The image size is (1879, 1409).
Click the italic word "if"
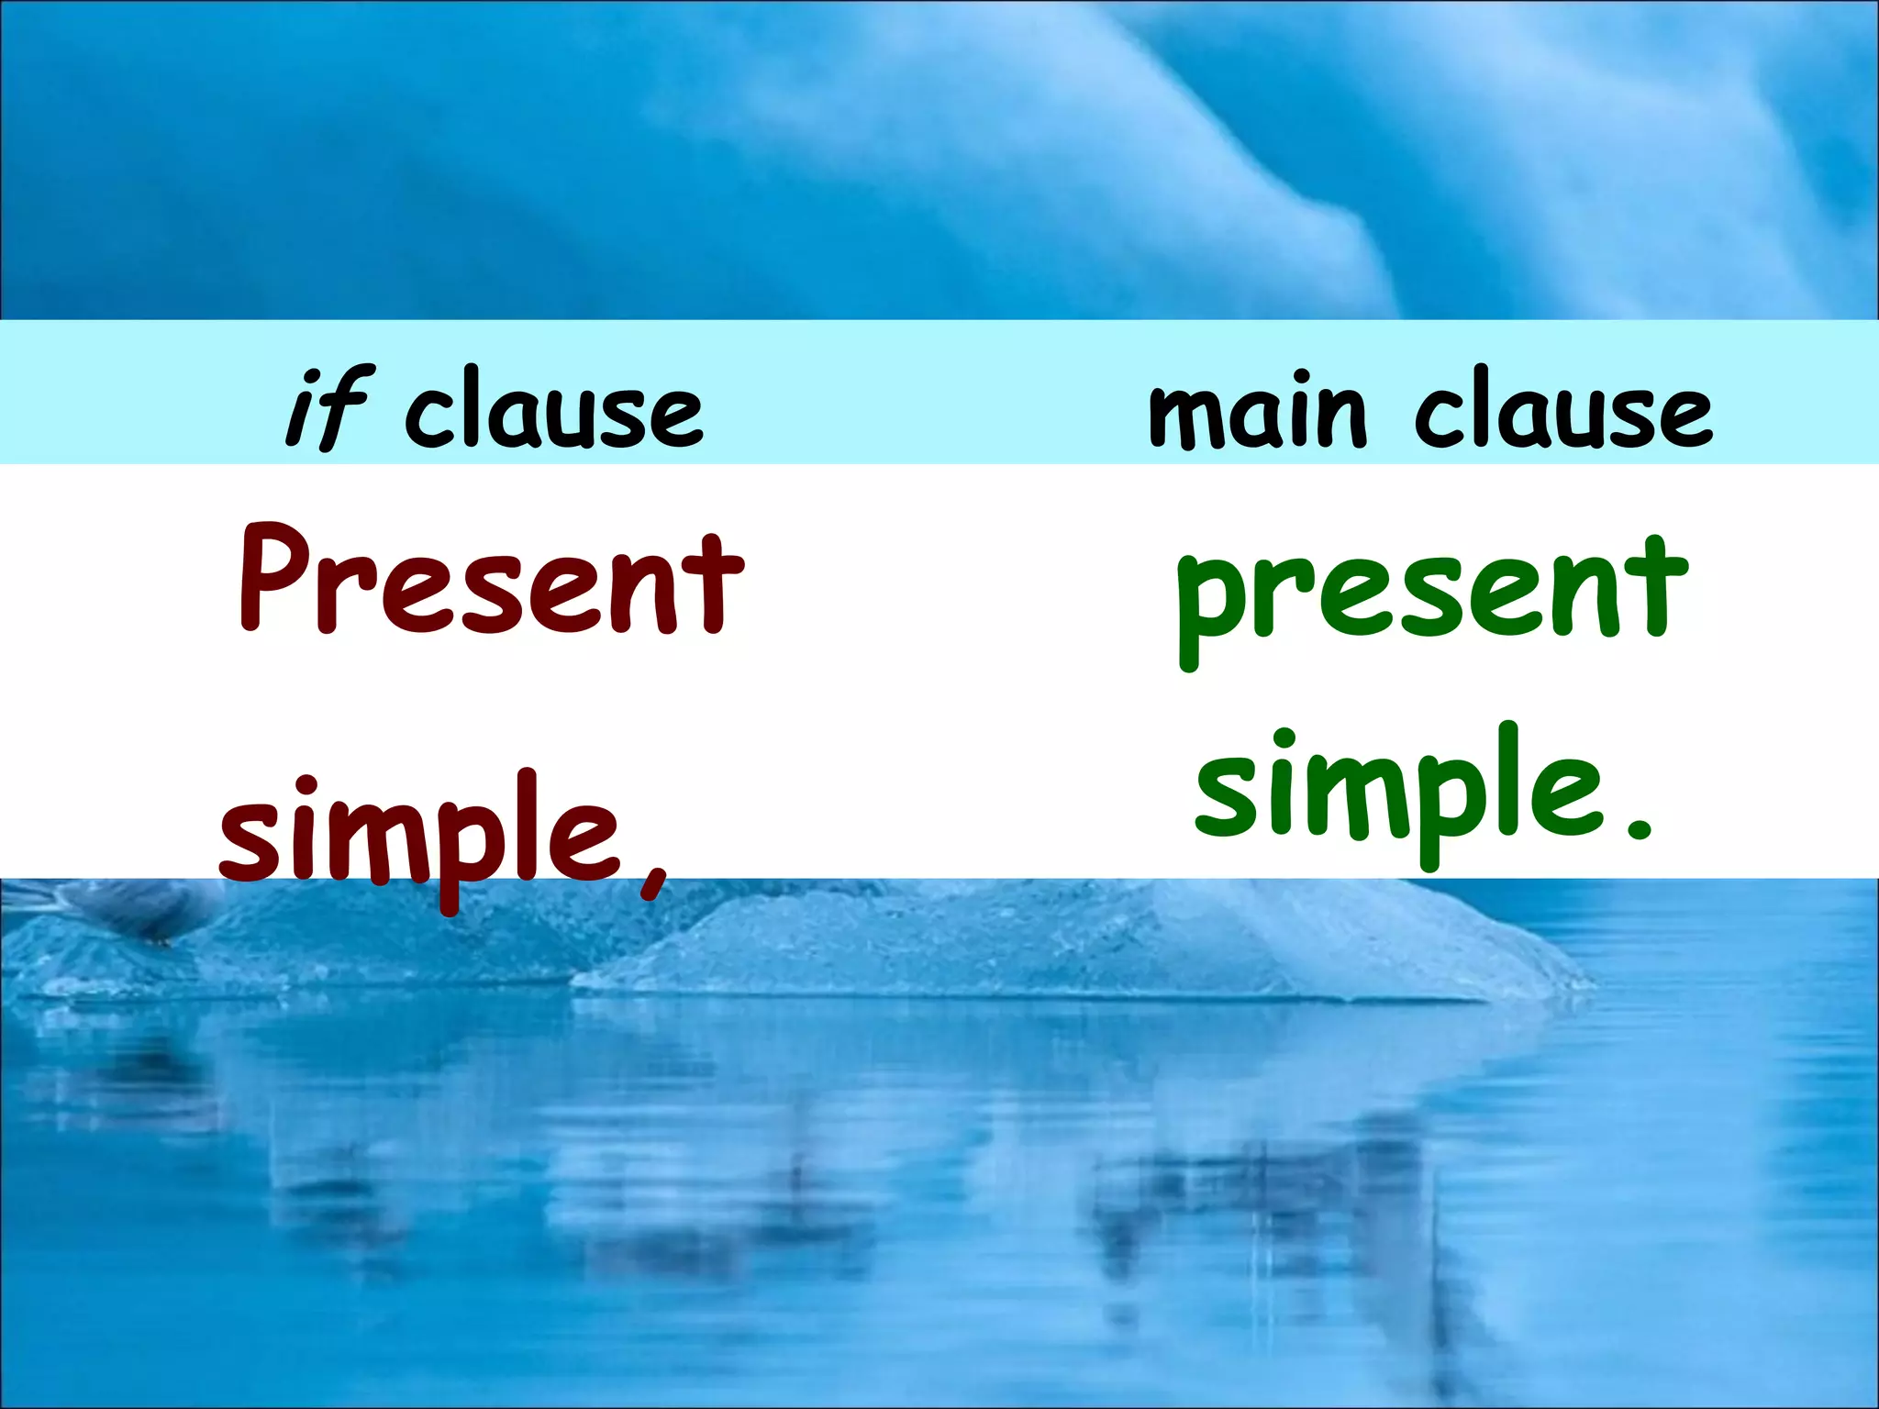pos(328,408)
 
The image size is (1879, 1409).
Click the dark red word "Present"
pos(491,580)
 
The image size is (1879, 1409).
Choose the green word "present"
pos(1432,592)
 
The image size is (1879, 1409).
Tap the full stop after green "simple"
pos(1638,831)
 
